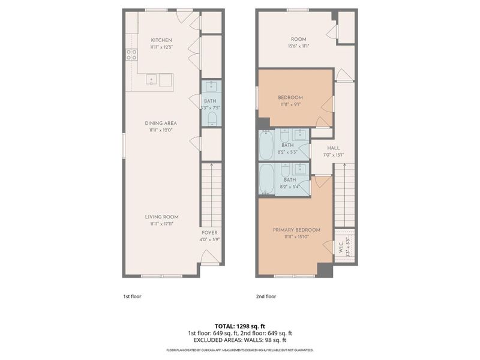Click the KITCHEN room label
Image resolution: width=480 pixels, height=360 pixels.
(161, 40)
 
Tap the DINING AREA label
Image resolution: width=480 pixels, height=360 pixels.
(161, 123)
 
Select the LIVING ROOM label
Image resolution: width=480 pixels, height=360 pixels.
(161, 217)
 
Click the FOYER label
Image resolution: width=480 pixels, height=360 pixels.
(209, 232)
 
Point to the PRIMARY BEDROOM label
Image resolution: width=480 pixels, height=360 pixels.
(296, 230)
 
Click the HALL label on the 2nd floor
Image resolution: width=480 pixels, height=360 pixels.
(334, 148)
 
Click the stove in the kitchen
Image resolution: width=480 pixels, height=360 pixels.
(131, 55)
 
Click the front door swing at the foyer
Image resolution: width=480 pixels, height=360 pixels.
(208, 259)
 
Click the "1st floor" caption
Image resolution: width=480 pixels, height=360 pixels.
(132, 296)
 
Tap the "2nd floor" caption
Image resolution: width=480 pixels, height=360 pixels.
(266, 296)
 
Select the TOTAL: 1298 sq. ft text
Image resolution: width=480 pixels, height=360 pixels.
(239, 326)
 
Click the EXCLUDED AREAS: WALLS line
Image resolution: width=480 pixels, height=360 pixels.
(239, 340)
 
